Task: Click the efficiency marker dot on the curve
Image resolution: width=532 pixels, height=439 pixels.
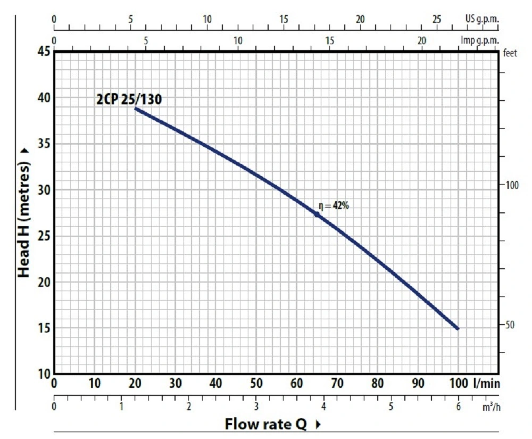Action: pos(317,214)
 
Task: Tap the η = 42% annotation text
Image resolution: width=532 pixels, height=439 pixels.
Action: pos(334,206)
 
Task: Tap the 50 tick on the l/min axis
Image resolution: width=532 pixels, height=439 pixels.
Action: pos(256,383)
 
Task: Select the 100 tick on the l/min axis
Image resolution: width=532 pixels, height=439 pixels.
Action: pos(458,383)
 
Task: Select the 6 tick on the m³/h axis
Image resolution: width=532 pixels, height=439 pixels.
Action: pos(458,407)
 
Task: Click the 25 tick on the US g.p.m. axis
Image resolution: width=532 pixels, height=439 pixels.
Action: pos(437,20)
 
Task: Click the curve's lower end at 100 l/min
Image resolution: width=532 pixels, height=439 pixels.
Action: pos(458,328)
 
